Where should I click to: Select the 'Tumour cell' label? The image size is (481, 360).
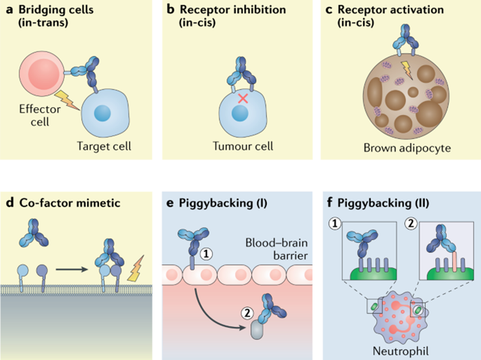pyautogui.click(x=243, y=146)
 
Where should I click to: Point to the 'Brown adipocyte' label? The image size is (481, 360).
pyautogui.click(x=400, y=148)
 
